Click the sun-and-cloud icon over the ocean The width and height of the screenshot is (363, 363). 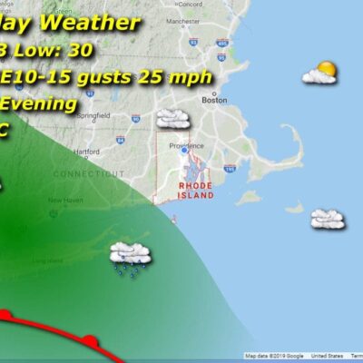(320, 73)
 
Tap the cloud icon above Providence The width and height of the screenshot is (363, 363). (172, 118)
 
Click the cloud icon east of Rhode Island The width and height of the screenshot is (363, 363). (327, 219)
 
